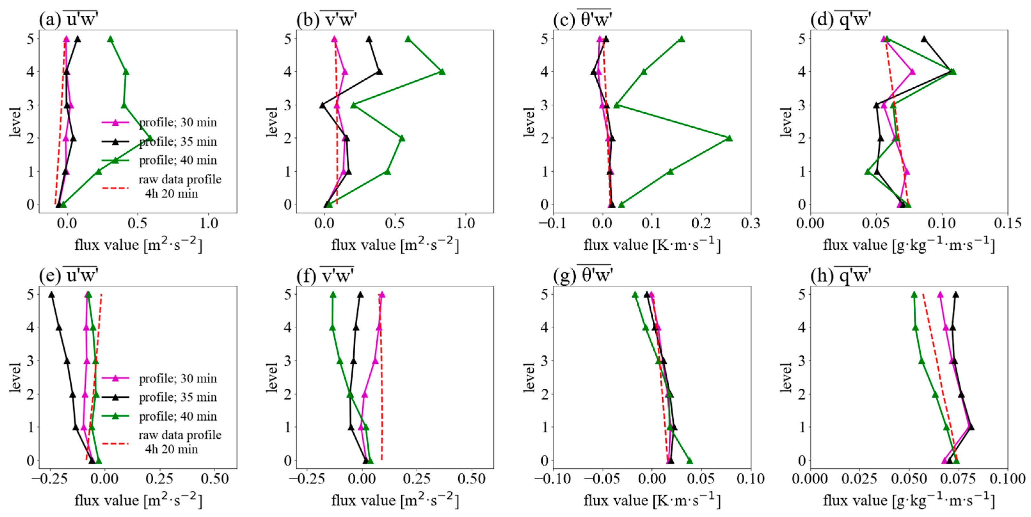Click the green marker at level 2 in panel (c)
pyautogui.click(x=729, y=138)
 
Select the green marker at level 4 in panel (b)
pyautogui.click(x=442, y=72)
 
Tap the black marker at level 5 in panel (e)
pyautogui.click(x=51, y=294)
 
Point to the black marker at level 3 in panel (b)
pyautogui.click(x=322, y=105)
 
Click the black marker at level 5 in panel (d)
pyautogui.click(x=924, y=39)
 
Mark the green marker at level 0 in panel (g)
pyautogui.click(x=689, y=461)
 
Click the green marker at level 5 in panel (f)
pyautogui.click(x=333, y=294)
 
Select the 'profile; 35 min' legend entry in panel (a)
pyautogui.click(x=159, y=141)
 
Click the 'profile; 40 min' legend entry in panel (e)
pyautogui.click(x=159, y=416)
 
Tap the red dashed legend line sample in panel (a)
pyautogui.click(x=115, y=187)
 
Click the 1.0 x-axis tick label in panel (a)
pyautogui.click(x=209, y=223)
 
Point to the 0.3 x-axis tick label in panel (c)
pyautogui.click(x=751, y=223)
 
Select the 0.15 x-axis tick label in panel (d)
pyautogui.click(x=1007, y=223)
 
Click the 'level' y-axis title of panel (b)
pyautogui.click(x=272, y=122)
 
